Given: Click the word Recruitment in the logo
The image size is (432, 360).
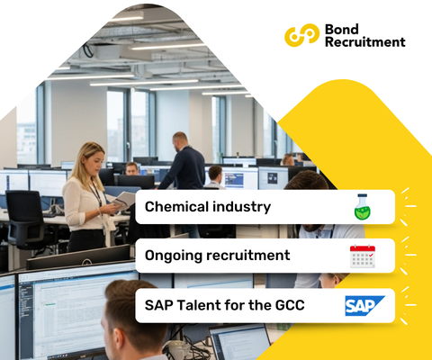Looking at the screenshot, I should coord(364,41).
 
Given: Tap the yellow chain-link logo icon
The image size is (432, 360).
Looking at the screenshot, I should coord(301,35).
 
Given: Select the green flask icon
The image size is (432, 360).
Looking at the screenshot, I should coord(363,207).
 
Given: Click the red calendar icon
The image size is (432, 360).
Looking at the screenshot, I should coord(363,256).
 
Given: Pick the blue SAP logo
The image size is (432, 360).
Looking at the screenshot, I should coord(364,306).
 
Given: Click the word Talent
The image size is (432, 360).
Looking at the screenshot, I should coord(201,305).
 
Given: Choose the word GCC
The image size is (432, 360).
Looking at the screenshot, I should coord(286,305).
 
